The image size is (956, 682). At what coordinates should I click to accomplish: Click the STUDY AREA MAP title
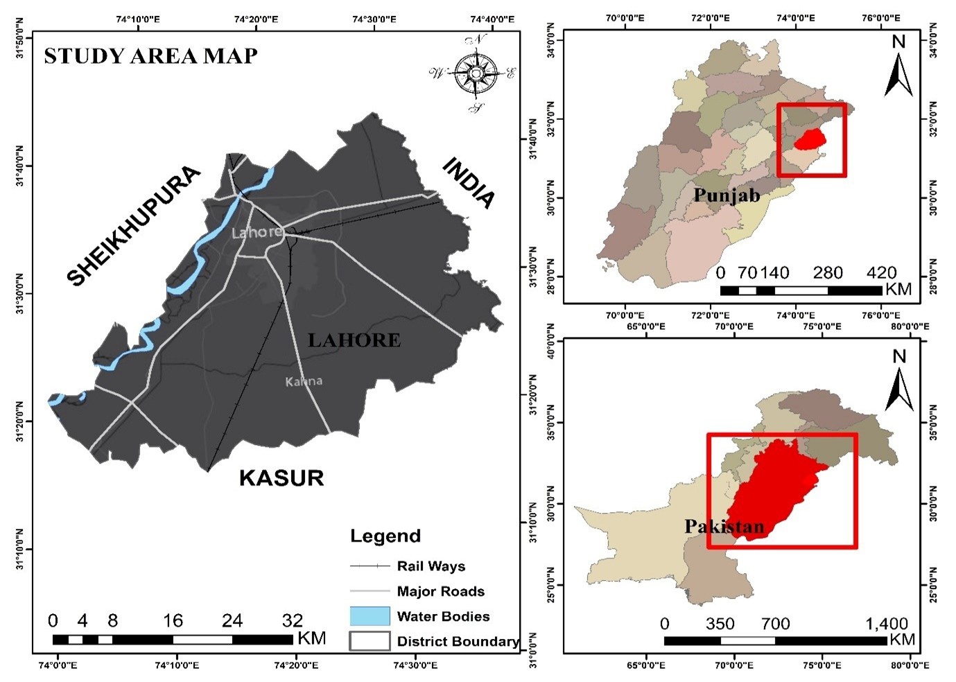[150, 55]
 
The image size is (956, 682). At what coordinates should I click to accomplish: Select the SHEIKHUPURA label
[134, 226]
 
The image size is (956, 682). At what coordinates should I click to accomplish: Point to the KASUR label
[281, 478]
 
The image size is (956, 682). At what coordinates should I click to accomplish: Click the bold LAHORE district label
[354, 340]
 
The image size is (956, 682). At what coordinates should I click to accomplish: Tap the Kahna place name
[304, 381]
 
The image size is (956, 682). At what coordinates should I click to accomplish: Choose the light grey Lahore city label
[257, 232]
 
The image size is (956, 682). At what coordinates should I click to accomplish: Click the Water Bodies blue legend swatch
[370, 615]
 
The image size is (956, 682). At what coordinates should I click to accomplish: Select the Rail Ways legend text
[431, 566]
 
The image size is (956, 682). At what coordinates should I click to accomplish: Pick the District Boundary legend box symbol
[370, 641]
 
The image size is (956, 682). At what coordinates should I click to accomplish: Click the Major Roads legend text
[440, 591]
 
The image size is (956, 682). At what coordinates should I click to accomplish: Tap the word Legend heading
[385, 536]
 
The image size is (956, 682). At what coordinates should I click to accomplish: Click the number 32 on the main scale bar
[293, 620]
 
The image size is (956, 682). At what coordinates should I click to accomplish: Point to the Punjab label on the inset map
[727, 195]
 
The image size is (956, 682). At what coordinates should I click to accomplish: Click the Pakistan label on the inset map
[724, 527]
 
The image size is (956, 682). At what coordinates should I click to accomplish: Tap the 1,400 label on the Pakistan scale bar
[887, 624]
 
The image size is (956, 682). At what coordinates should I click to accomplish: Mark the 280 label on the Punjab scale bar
[828, 273]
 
